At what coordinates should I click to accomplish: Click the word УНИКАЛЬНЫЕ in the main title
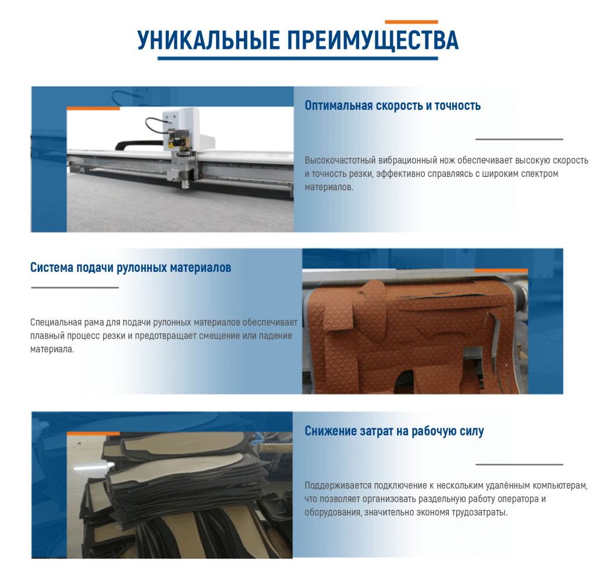[209, 40]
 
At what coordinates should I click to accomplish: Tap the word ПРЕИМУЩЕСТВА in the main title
[373, 41]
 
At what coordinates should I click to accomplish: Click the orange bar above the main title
[411, 22]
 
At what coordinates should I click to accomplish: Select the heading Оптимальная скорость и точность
[393, 106]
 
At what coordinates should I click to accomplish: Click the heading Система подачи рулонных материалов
[131, 268]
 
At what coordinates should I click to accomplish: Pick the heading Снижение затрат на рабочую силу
[394, 431]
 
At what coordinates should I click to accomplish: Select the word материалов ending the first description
[329, 187]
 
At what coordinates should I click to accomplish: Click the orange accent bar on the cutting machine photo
[93, 108]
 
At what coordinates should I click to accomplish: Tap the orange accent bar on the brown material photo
[501, 270]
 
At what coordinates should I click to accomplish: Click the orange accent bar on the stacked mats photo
[93, 434]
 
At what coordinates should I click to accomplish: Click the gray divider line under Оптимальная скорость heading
[519, 139]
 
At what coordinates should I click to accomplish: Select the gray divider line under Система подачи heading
[75, 288]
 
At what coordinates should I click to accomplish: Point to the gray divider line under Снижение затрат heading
[519, 464]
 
